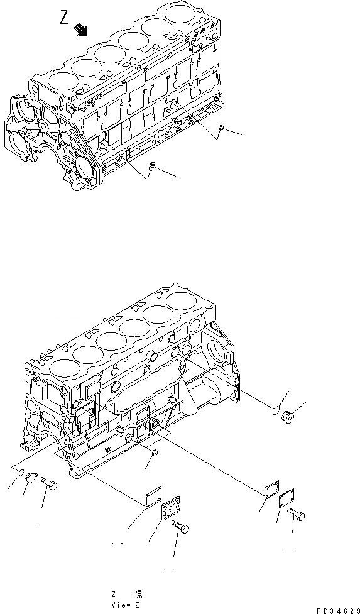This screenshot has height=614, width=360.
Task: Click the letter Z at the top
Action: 64,18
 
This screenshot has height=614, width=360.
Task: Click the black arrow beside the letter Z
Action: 80,29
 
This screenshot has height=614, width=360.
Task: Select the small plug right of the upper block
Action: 222,128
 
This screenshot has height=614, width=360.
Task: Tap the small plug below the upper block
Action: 152,166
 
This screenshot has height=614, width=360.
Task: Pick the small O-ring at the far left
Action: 19,473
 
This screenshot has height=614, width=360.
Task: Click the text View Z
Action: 126,604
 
